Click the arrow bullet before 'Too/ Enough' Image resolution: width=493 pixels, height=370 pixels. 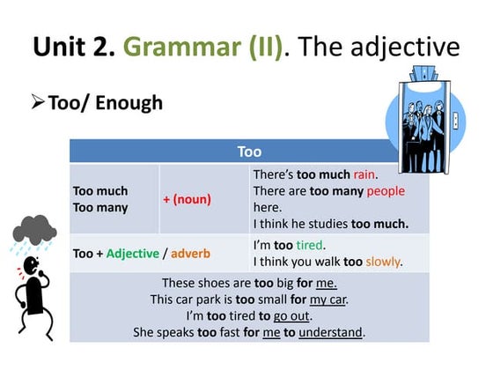pos(37,103)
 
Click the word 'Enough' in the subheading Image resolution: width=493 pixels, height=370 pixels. pos(130,103)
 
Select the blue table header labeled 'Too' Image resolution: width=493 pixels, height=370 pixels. pos(249,152)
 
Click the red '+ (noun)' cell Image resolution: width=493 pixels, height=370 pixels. pos(188,199)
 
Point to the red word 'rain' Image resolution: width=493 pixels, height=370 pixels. pos(364,175)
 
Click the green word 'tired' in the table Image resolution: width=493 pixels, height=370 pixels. pos(310,244)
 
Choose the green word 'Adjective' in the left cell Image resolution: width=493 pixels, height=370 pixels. pos(133,254)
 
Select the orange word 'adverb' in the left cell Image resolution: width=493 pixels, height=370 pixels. pos(190,254)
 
